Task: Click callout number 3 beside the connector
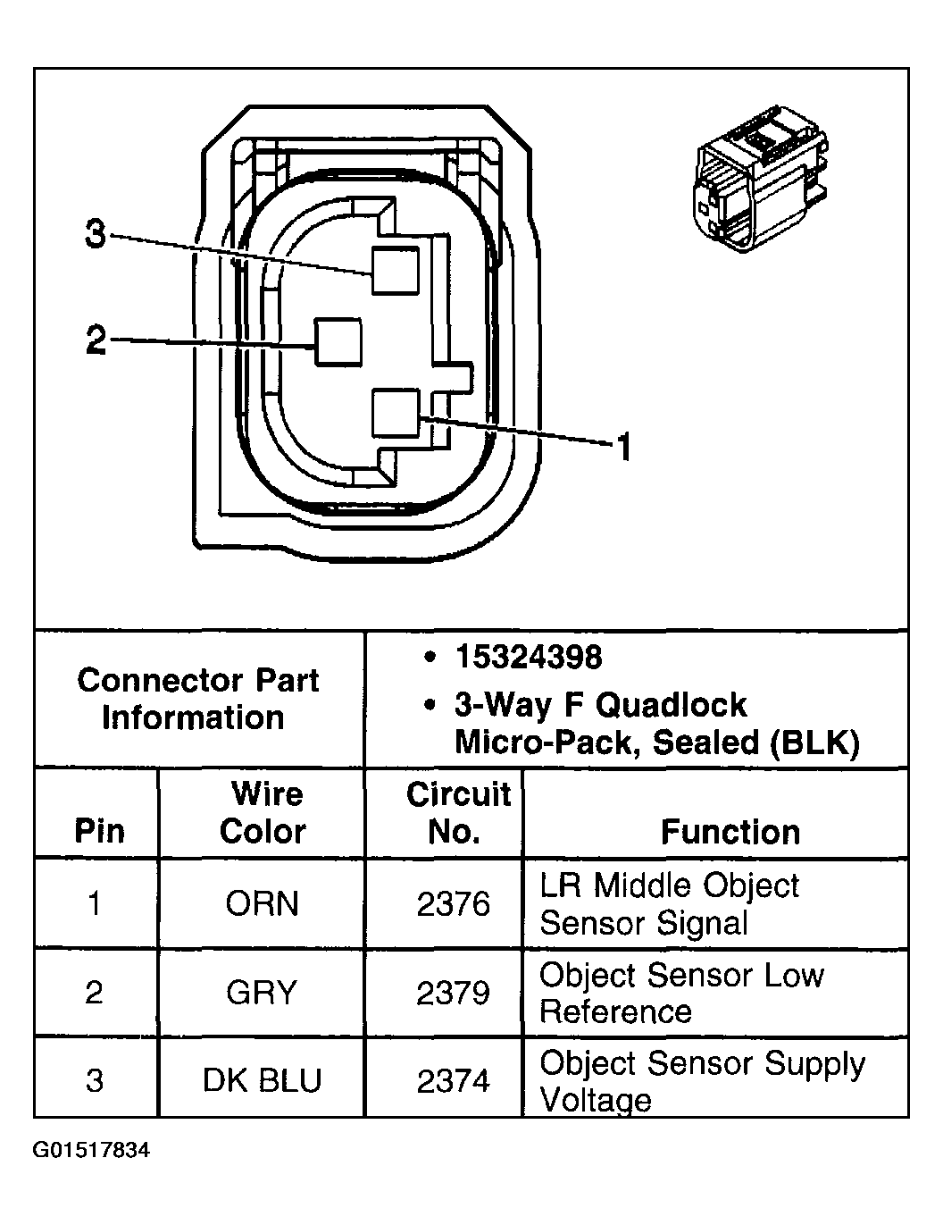point(96,236)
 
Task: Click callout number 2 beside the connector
point(96,340)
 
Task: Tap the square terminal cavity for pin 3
point(395,271)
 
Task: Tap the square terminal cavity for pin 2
point(338,341)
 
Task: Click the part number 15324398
point(529,658)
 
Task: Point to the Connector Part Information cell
point(198,699)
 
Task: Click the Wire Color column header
point(263,812)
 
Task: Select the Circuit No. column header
point(456,812)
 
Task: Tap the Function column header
point(730,832)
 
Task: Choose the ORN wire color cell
point(262,903)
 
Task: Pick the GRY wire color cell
point(262,993)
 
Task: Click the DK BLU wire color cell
point(262,1081)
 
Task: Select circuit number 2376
point(454,904)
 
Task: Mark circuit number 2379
point(454,993)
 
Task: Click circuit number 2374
point(454,1081)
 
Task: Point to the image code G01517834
point(92,1150)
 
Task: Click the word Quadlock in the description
point(671,705)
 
